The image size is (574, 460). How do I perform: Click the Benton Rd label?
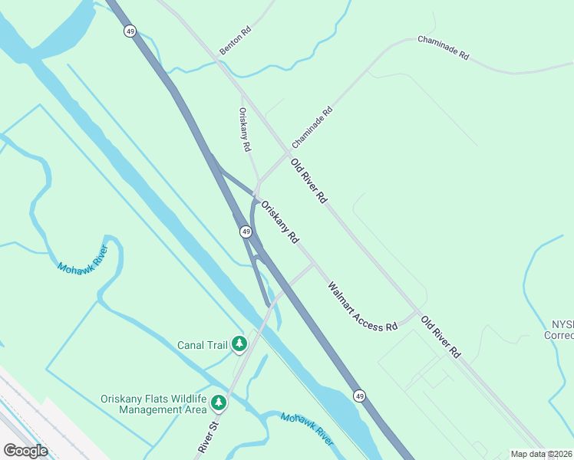click(236, 41)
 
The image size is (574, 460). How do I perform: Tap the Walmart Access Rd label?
click(362, 307)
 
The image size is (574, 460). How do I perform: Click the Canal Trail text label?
click(203, 345)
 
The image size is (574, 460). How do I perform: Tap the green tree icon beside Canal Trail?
click(239, 344)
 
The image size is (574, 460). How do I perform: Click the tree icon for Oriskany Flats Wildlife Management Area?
click(219, 402)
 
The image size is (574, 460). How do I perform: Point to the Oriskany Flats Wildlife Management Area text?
click(153, 404)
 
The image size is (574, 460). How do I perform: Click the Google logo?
click(26, 451)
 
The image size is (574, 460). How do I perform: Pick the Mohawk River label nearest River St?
click(307, 429)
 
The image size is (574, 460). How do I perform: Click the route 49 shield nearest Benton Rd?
click(130, 31)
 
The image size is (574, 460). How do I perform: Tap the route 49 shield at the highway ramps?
click(246, 231)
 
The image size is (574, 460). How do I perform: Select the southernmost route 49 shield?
click(359, 395)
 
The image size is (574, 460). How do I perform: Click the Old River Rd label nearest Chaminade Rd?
click(308, 181)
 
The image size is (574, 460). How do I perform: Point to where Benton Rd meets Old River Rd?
click(219, 61)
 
